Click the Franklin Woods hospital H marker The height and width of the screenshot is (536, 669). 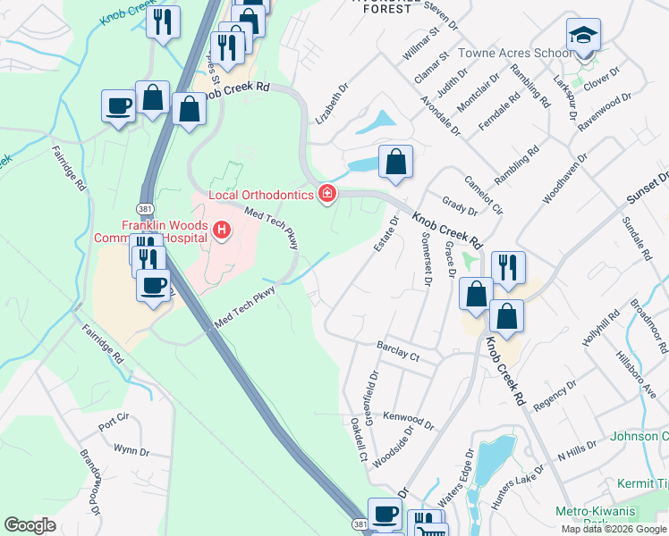(x=221, y=232)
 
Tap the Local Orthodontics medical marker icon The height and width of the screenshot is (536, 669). (x=328, y=194)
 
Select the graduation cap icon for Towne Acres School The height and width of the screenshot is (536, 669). (x=583, y=36)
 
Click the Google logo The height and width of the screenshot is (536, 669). (x=30, y=525)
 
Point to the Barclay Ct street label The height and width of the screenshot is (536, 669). (x=398, y=349)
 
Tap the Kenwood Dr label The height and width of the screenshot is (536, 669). (x=408, y=421)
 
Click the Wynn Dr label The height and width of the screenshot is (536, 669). (x=131, y=448)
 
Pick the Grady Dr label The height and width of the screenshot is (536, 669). (x=460, y=207)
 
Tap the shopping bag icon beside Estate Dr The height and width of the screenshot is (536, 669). (x=395, y=163)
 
